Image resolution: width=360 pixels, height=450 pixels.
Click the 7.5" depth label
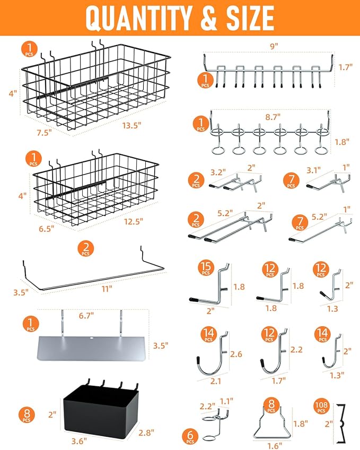(x=45, y=133)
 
